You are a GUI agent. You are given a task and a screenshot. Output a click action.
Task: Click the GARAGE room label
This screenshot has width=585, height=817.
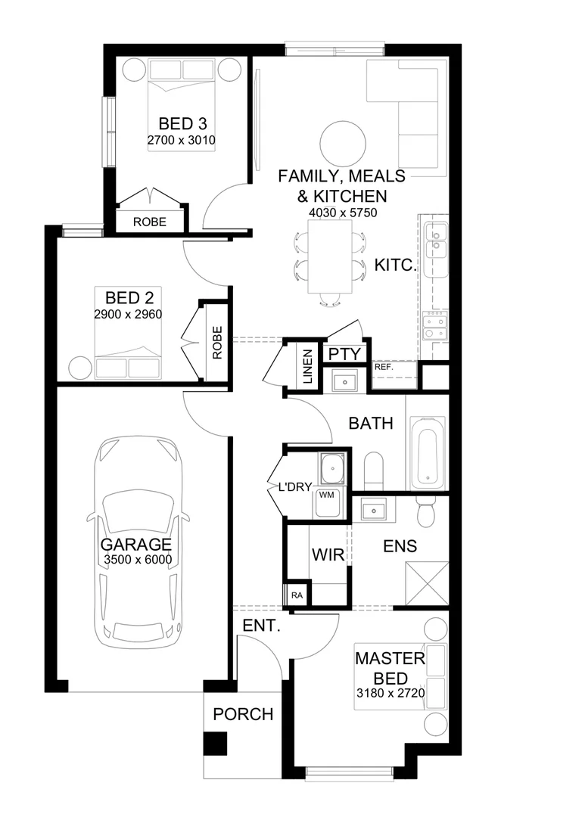coord(136,545)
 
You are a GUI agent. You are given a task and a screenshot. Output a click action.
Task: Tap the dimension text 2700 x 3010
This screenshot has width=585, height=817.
coord(182,141)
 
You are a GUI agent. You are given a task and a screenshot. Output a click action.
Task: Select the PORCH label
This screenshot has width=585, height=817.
coord(242,714)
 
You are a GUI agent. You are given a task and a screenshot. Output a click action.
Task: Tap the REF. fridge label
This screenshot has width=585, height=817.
coord(384,367)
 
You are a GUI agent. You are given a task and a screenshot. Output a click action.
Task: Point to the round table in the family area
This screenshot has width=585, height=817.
coord(344,141)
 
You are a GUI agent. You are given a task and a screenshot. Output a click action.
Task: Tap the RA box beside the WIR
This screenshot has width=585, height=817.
coord(296,595)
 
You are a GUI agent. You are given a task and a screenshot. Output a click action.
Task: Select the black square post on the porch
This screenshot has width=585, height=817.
coord(216,744)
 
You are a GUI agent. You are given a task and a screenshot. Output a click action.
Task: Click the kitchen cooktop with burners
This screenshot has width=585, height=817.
coord(435,325)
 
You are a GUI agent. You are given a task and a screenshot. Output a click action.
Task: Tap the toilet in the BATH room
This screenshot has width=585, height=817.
coord(374,471)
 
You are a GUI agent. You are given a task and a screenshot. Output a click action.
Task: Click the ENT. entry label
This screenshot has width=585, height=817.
coord(262,626)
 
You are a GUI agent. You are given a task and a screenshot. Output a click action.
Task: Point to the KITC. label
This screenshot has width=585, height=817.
coord(396,266)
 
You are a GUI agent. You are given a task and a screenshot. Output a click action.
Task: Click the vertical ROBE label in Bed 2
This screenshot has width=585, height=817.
coord(218,343)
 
